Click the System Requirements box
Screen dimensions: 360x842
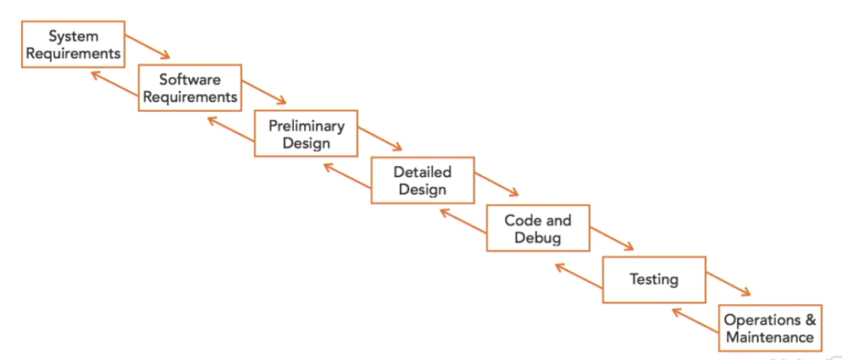click(73, 45)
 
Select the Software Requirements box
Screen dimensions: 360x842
click(190, 88)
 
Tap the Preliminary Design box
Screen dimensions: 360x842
click(306, 134)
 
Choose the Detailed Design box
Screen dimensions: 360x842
click(422, 180)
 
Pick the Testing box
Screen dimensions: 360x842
click(653, 279)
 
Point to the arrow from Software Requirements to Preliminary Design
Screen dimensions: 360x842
click(267, 92)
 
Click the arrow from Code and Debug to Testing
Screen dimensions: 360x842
click(612, 236)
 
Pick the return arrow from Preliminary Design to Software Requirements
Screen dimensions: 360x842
click(230, 130)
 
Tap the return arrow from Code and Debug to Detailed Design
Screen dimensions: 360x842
click(463, 222)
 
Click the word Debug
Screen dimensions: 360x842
click(538, 238)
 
